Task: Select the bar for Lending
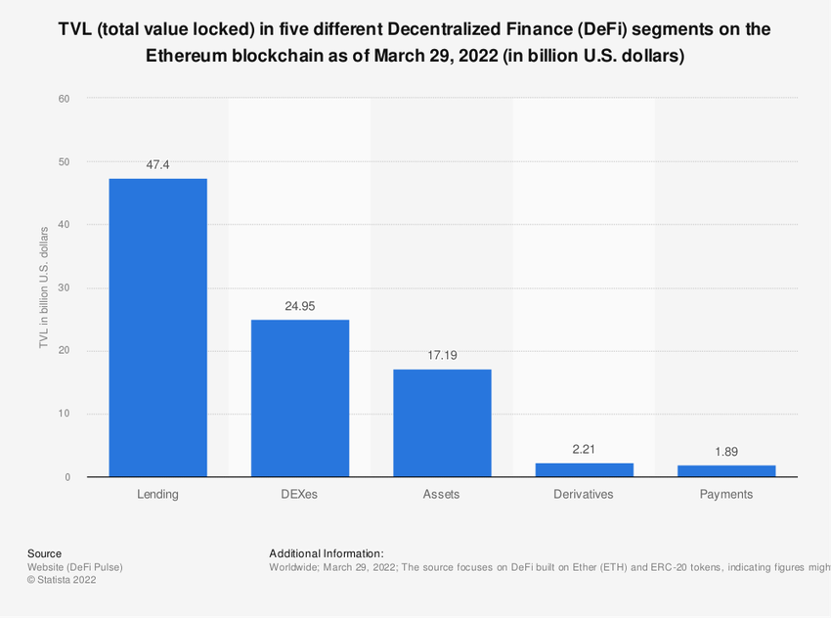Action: click(157, 328)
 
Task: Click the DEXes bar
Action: click(300, 398)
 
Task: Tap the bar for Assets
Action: click(442, 422)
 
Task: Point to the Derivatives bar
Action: click(585, 469)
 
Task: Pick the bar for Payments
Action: click(726, 470)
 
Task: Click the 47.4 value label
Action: click(157, 165)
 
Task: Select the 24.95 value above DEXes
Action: click(300, 306)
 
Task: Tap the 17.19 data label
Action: click(442, 355)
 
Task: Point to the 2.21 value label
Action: click(585, 449)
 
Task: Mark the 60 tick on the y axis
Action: click(65, 99)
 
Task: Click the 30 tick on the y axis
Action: click(65, 288)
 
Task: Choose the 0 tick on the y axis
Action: click(67, 477)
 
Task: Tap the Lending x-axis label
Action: click(157, 495)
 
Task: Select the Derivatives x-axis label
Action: click(585, 495)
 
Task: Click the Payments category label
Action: click(726, 495)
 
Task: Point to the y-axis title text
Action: click(43, 287)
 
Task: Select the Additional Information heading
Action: click(326, 553)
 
